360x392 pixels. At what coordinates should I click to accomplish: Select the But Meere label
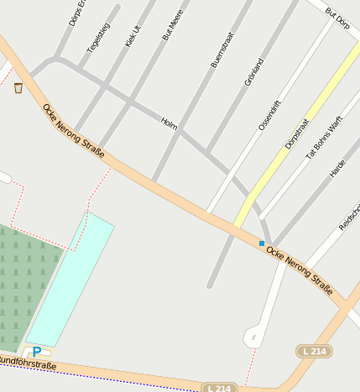click(172, 25)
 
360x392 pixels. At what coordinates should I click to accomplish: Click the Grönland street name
click(253, 72)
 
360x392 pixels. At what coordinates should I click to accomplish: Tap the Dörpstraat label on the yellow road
click(296, 133)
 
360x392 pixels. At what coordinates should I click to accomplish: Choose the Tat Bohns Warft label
click(324, 138)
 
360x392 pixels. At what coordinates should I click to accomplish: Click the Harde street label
click(337, 168)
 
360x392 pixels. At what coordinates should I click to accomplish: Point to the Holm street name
click(169, 123)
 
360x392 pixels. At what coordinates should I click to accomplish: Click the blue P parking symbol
click(37, 352)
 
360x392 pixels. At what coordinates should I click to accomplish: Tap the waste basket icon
click(18, 87)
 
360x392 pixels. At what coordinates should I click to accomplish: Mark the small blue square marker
click(262, 243)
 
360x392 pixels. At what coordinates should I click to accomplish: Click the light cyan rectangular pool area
click(72, 276)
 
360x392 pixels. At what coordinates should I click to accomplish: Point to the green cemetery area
click(25, 285)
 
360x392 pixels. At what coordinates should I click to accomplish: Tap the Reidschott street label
click(349, 216)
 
